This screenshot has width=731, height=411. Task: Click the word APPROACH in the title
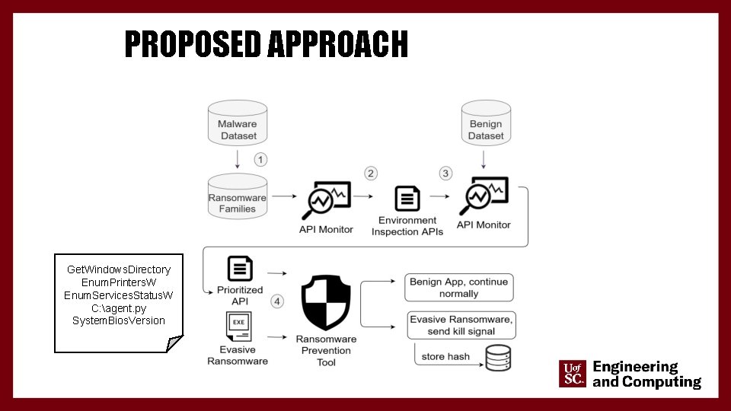click(x=337, y=45)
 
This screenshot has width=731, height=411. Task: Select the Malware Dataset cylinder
click(x=238, y=127)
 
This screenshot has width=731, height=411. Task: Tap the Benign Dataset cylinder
click(x=486, y=127)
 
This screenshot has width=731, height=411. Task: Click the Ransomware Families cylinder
click(x=238, y=200)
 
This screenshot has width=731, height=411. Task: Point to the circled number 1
click(x=261, y=160)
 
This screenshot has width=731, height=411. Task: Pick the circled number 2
click(x=371, y=174)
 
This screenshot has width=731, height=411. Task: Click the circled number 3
click(x=445, y=174)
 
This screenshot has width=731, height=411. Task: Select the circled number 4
click(x=277, y=301)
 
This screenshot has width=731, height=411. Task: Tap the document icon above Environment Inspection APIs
click(x=407, y=199)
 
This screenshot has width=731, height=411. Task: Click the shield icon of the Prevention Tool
click(x=326, y=303)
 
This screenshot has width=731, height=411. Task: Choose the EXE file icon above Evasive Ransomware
click(x=238, y=327)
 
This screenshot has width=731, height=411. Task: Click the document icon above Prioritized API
click(x=241, y=269)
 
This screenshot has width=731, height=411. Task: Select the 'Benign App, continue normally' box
click(x=458, y=288)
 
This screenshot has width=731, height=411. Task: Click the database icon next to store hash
click(x=498, y=357)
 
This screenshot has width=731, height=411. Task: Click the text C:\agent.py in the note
click(x=118, y=308)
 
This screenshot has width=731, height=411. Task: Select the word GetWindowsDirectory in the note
click(x=119, y=269)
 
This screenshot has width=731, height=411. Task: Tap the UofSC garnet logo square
click(x=573, y=374)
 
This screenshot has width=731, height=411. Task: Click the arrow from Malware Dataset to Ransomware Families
click(x=238, y=158)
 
